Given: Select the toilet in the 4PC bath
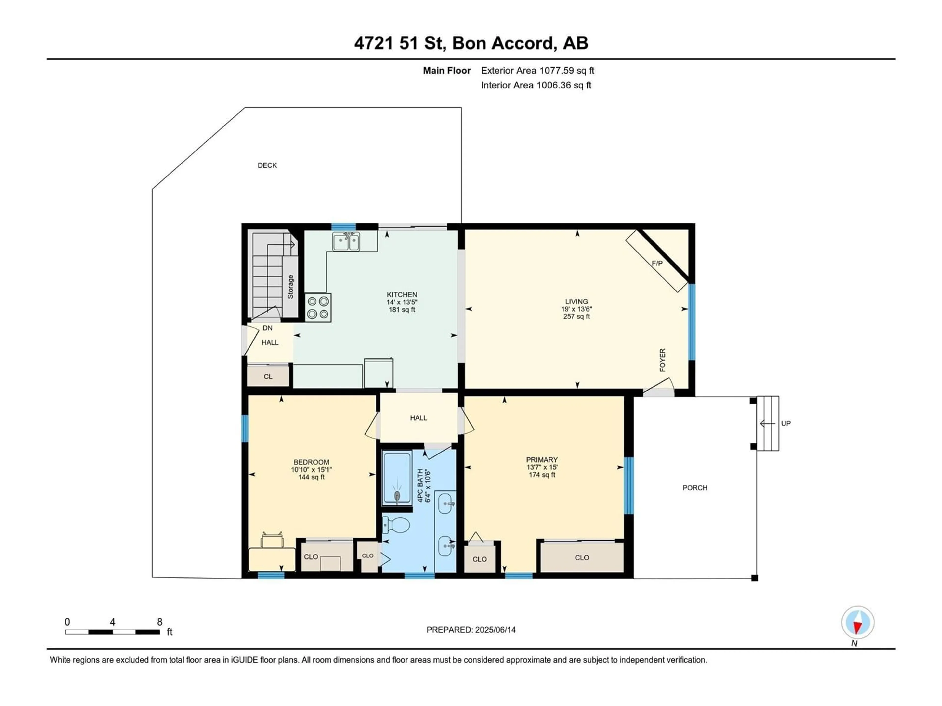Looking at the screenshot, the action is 396,525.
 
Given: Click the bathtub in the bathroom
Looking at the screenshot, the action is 397,478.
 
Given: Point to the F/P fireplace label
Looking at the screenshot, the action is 657,264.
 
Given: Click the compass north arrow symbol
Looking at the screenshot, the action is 858,623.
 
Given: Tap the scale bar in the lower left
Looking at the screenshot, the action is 113,632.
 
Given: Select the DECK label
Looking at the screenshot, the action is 267,165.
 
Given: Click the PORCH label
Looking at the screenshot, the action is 695,488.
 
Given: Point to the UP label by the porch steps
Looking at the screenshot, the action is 786,423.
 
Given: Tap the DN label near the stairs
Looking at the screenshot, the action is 267,328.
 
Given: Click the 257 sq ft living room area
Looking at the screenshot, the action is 577,317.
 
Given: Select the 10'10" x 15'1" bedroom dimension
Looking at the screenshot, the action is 311,470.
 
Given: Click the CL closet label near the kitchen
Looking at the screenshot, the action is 268,377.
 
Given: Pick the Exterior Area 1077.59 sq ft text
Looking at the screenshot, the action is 537,71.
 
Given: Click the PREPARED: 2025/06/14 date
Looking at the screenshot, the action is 471,630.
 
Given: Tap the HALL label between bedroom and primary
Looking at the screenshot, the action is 419,418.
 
